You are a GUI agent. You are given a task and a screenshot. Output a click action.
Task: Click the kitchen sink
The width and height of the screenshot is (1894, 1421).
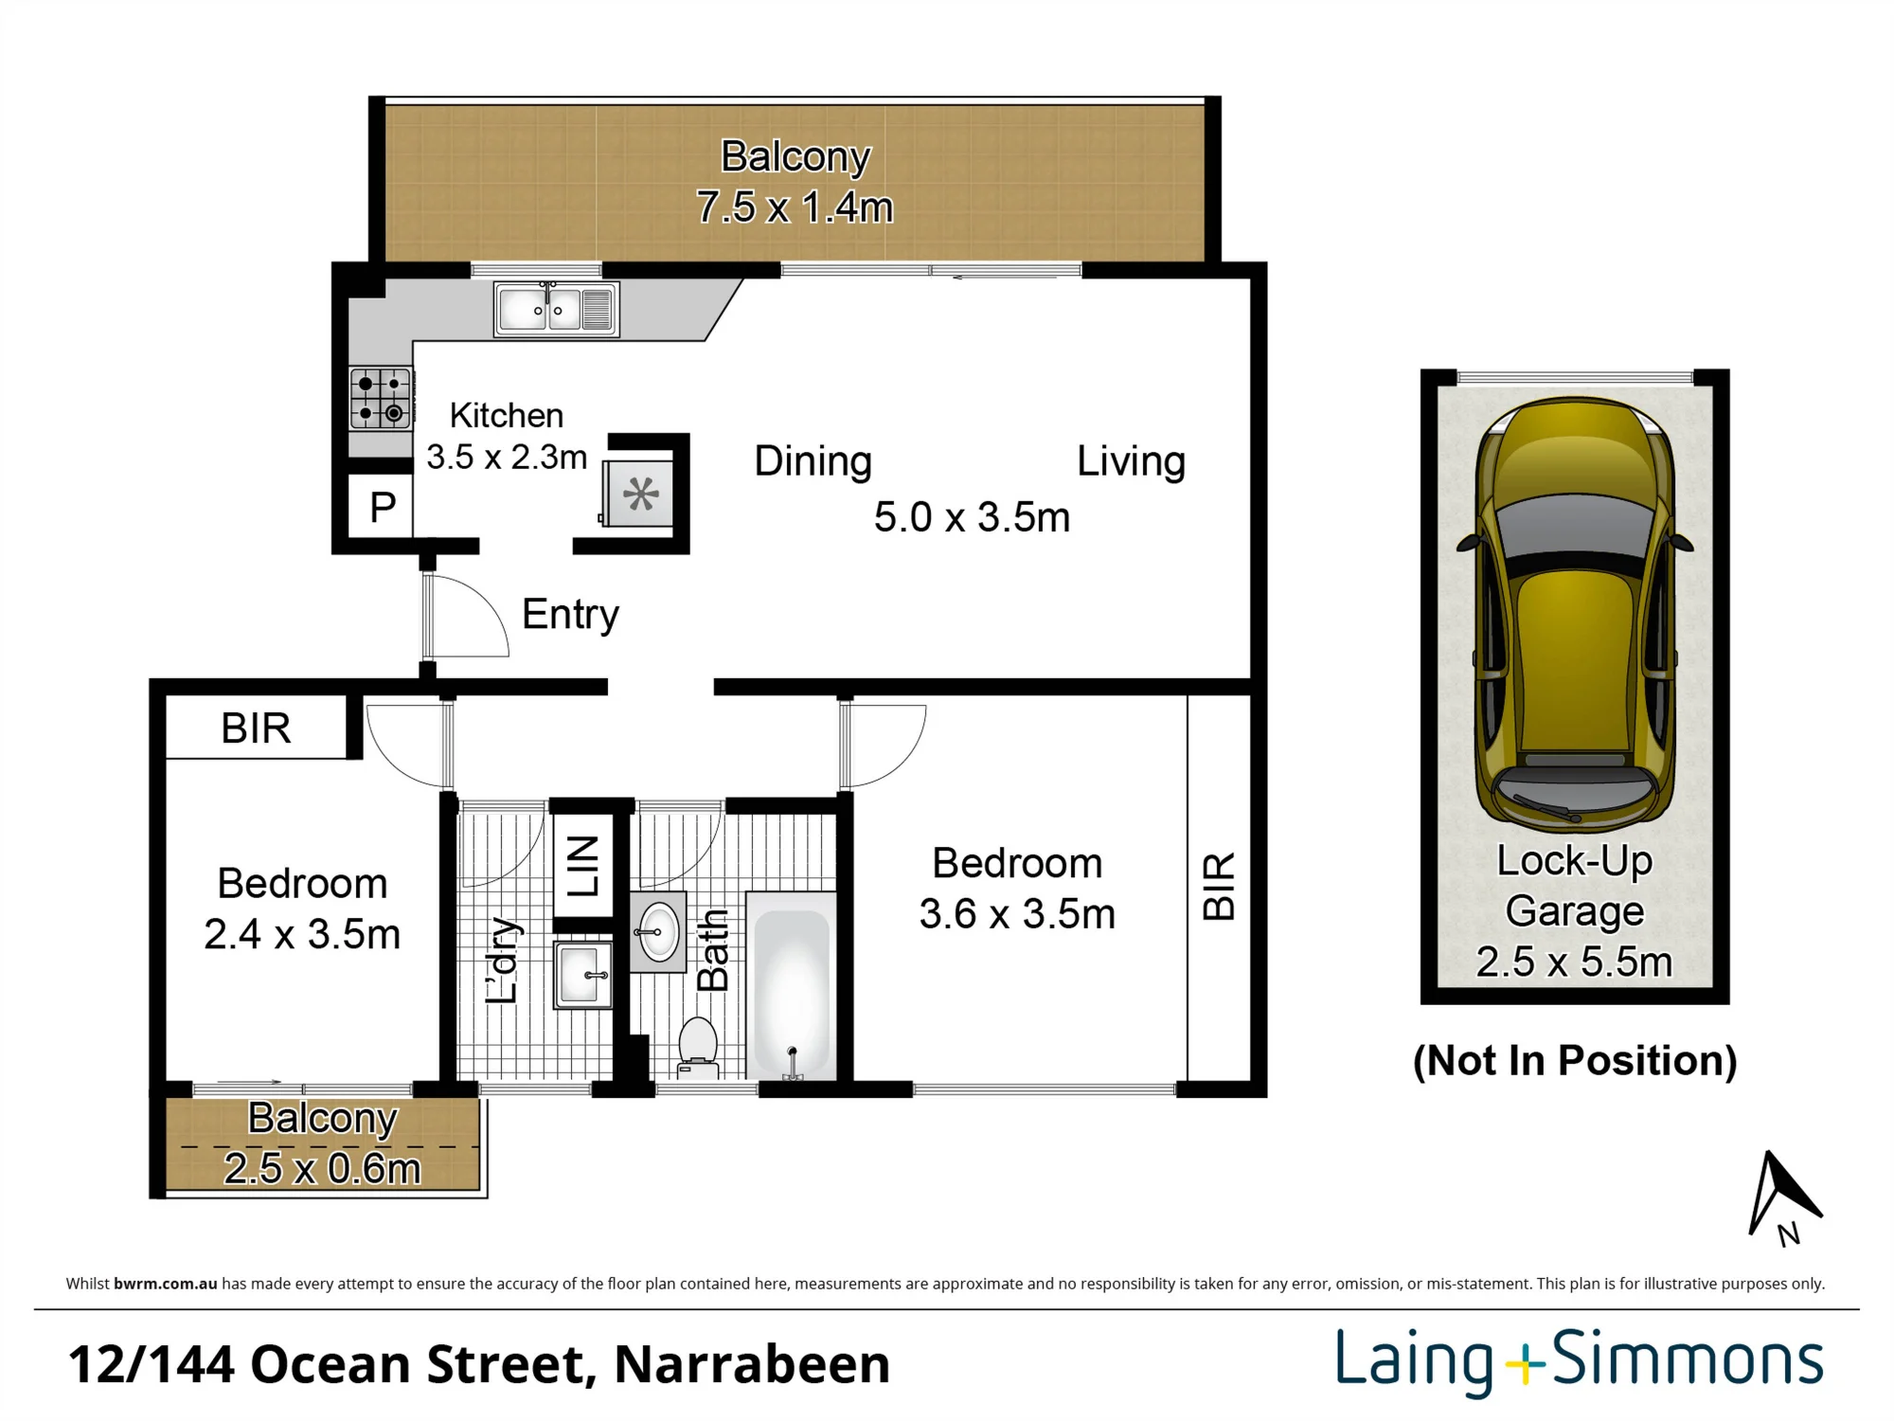[x=557, y=309]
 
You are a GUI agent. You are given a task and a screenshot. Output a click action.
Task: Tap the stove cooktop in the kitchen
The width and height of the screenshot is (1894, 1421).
[x=381, y=398]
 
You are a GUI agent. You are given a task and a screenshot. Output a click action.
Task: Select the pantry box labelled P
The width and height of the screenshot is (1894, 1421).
[x=381, y=506]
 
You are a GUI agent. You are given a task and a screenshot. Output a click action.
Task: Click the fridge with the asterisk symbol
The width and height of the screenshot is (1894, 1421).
[x=639, y=493]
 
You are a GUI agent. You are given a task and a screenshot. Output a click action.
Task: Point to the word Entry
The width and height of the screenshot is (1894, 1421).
[x=570, y=615]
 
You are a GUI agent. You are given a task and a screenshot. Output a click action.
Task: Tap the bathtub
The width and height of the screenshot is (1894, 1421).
[x=792, y=985]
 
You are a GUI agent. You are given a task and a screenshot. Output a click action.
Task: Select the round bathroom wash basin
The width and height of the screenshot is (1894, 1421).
[x=659, y=932]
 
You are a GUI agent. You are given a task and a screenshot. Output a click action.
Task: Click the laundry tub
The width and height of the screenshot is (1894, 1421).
[x=583, y=974]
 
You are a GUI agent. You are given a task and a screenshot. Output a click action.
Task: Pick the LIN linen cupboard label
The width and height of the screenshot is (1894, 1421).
[x=582, y=866]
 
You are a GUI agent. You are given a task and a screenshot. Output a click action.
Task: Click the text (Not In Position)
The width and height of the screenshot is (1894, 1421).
[x=1575, y=1060]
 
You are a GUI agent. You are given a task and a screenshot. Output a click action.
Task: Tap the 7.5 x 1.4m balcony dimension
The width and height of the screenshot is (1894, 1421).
[x=795, y=207]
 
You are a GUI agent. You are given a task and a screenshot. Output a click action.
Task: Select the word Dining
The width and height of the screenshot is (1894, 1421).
[x=813, y=461]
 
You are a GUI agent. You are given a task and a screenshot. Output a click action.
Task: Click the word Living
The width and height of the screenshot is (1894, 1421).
[x=1131, y=461]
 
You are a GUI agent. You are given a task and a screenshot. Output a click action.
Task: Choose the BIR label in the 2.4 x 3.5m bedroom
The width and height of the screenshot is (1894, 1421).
[x=256, y=728]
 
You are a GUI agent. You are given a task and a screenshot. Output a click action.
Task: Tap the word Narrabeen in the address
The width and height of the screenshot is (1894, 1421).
[x=752, y=1364]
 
